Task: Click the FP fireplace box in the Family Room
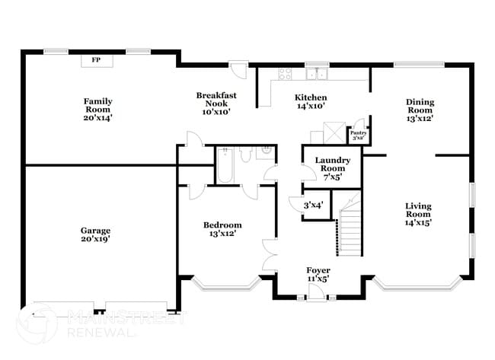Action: coord(96,59)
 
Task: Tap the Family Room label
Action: coord(97,109)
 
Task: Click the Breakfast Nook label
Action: coord(216,104)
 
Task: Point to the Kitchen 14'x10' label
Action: coord(311,103)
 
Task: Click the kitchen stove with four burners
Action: coord(286,74)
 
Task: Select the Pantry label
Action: coord(359,135)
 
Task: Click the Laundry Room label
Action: coord(333,168)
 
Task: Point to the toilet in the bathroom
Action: coord(246,155)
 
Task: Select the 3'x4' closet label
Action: coord(313,205)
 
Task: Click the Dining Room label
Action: coord(420,110)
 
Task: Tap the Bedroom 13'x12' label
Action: coord(222,230)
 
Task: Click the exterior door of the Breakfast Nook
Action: coord(241,72)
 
